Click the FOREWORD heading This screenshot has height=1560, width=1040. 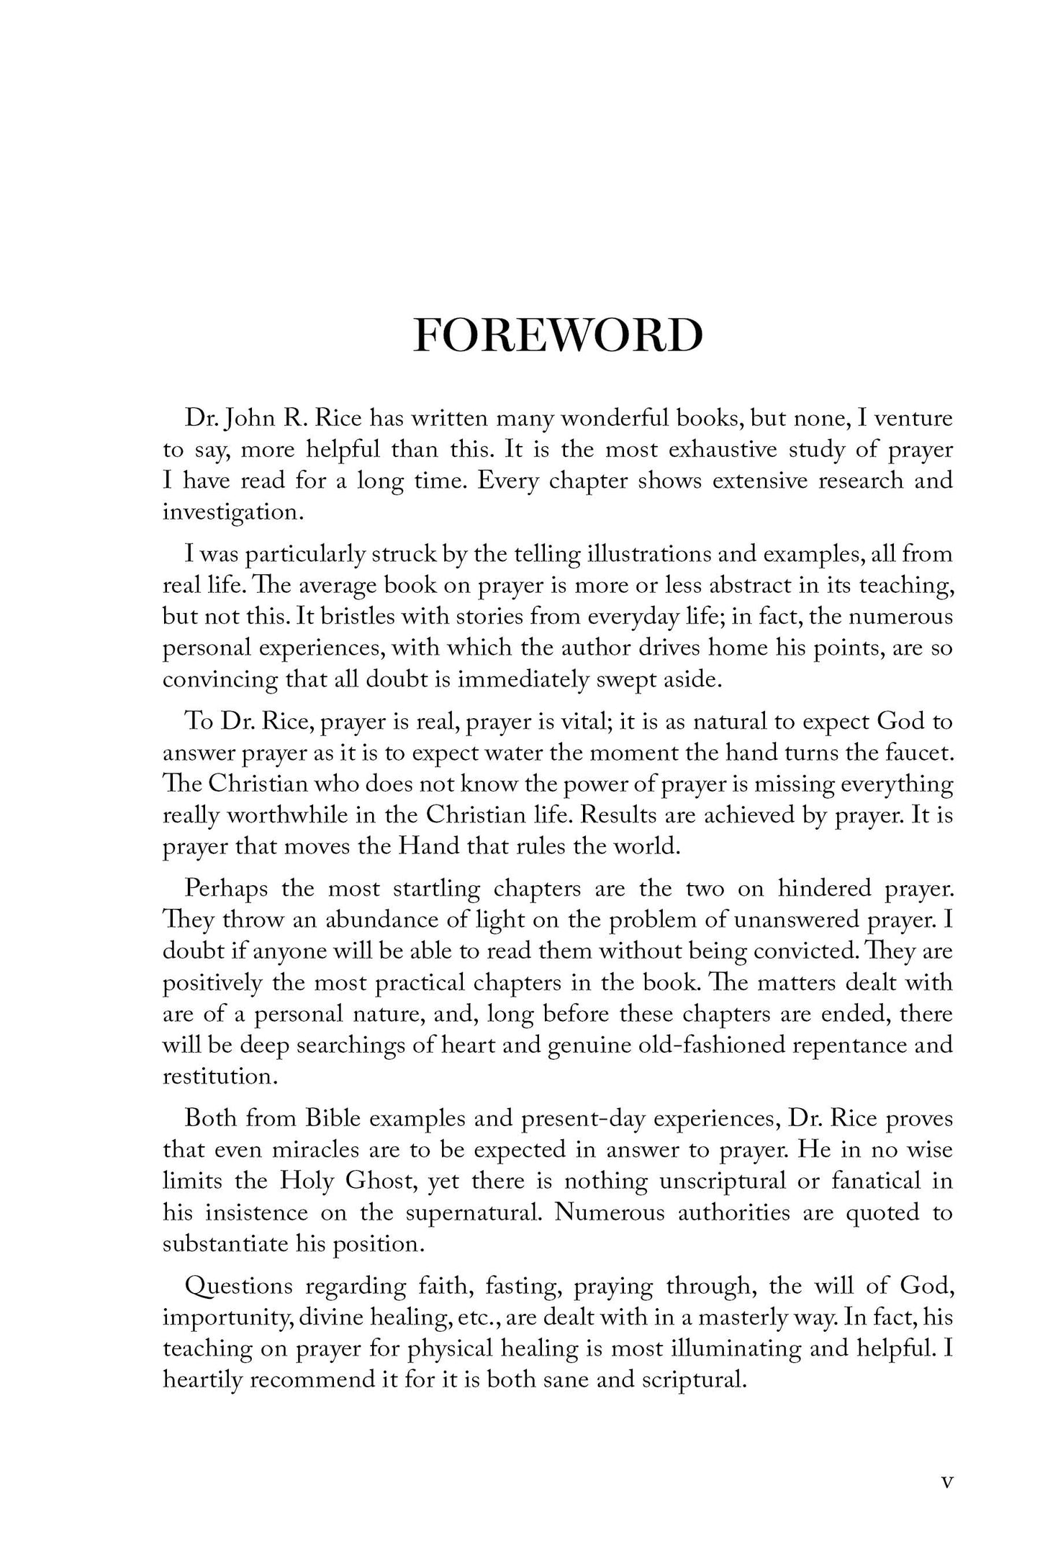(x=558, y=335)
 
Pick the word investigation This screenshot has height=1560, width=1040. (x=230, y=513)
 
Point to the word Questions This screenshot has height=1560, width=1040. (x=239, y=1285)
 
